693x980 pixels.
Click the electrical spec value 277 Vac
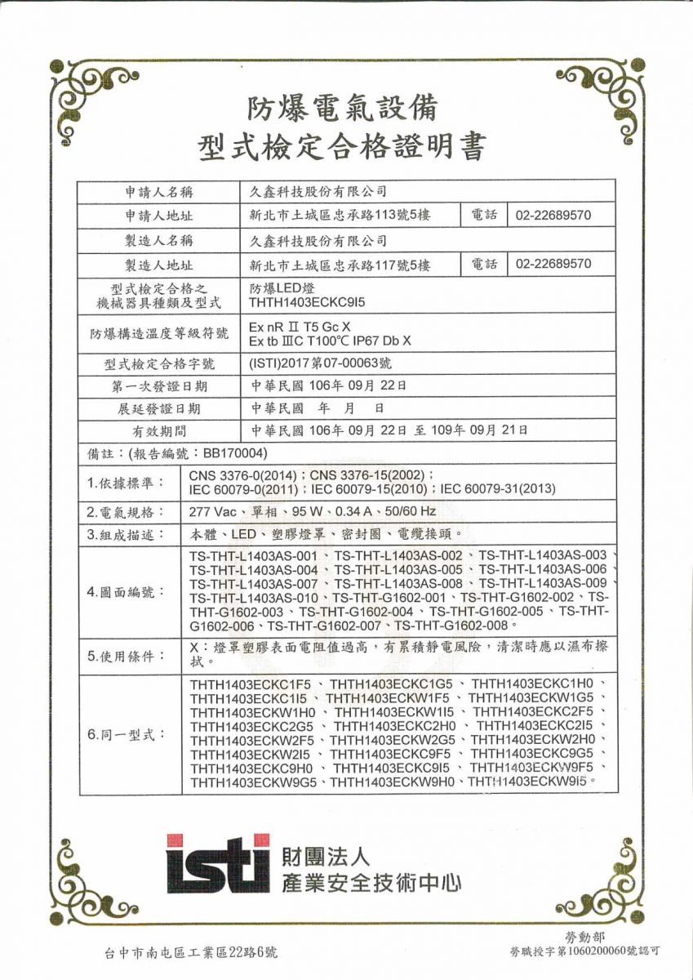coord(211,511)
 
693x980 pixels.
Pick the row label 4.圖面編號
coord(125,591)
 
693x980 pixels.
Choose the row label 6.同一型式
coord(125,734)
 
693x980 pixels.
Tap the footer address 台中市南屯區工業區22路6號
coord(191,951)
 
